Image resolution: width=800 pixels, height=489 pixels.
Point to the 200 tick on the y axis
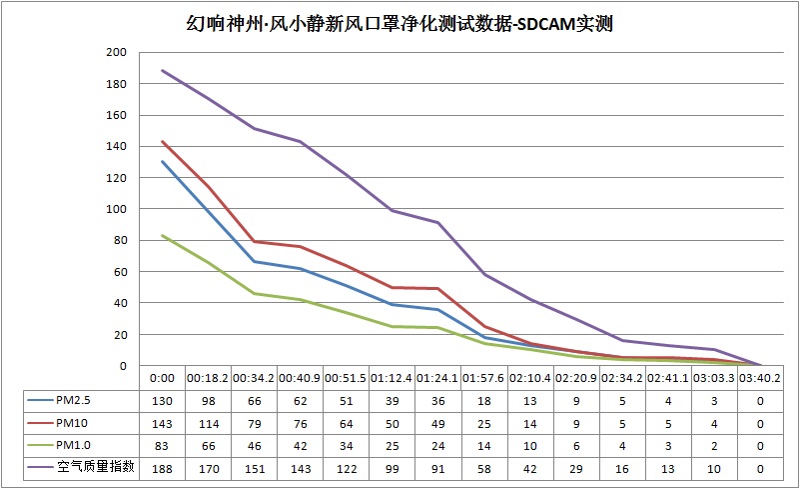(117, 53)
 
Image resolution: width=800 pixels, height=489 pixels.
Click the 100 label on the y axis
(117, 209)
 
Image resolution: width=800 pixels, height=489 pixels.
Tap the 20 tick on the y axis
(120, 334)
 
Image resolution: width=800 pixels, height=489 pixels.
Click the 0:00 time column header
(162, 379)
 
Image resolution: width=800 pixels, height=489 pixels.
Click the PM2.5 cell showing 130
(162, 400)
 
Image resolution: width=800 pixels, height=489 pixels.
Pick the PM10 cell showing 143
(162, 422)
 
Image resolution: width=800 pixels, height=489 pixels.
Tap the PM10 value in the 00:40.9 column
(301, 422)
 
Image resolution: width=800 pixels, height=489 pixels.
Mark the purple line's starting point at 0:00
(162, 71)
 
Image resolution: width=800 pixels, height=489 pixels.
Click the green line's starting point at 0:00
(162, 236)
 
